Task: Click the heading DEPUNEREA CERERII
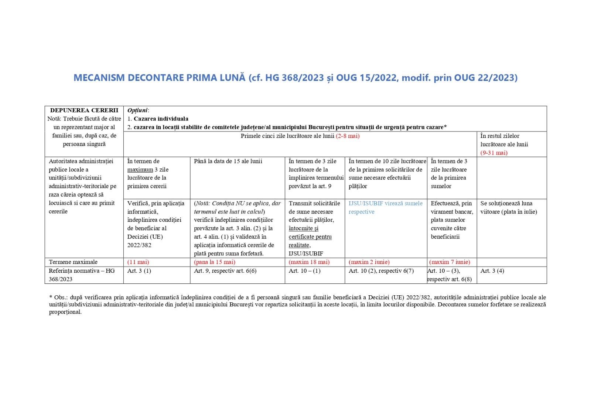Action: coord(84,110)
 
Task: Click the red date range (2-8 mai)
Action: coord(348,136)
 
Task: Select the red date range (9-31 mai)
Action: coord(494,153)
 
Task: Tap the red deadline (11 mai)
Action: coord(138,262)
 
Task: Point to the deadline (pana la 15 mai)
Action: coord(215,262)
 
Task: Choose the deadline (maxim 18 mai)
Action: coord(309,262)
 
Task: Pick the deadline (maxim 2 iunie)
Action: coord(369,262)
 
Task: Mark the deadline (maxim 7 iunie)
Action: coord(450,262)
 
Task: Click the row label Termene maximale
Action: coord(73,262)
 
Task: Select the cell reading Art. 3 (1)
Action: coord(139,271)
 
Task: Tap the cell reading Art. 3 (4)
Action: coord(492,271)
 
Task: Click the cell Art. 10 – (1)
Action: coord(305,271)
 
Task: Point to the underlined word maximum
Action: coord(140,170)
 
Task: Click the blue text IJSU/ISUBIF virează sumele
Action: coord(385,203)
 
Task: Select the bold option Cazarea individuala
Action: coord(161,119)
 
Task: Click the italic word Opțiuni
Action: coord(137,110)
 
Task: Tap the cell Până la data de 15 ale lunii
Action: coord(228,161)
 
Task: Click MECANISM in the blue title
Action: coord(99,78)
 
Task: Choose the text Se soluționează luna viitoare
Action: coord(506,203)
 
